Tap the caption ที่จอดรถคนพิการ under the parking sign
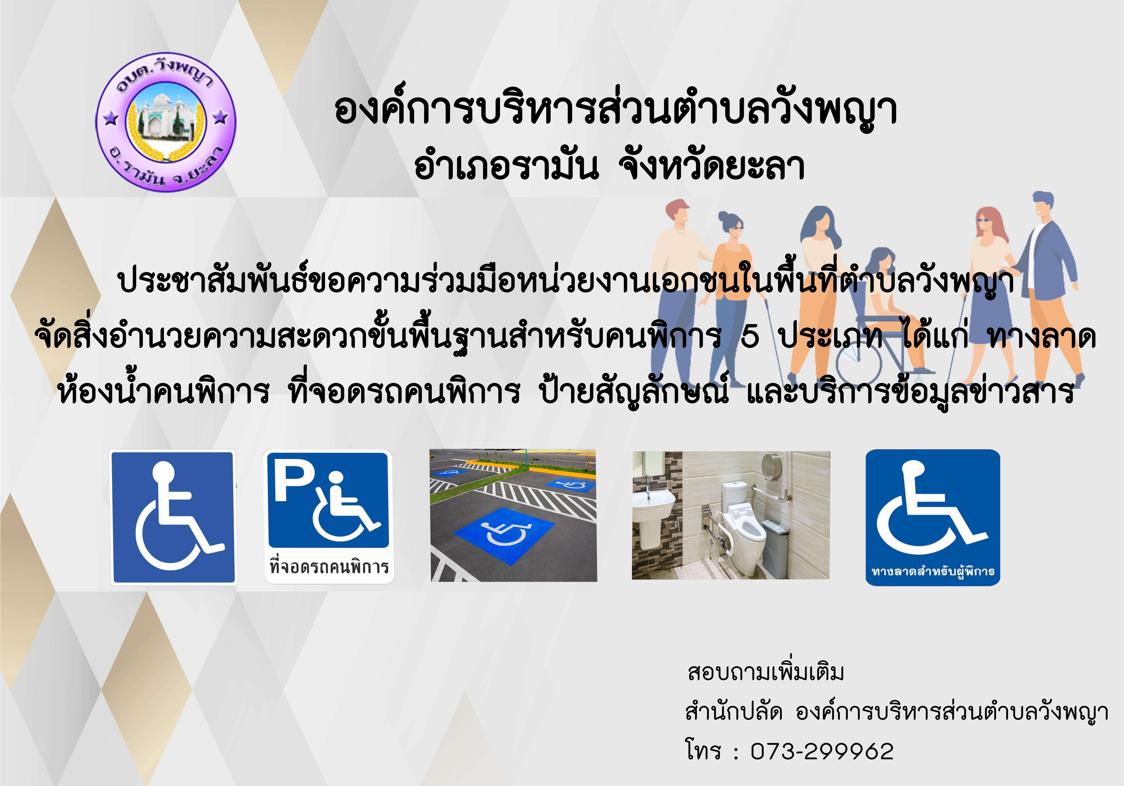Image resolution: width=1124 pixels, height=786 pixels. [329, 566]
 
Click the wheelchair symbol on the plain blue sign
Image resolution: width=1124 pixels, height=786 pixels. [176, 518]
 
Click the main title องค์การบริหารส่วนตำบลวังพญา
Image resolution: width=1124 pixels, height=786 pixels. [616, 110]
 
